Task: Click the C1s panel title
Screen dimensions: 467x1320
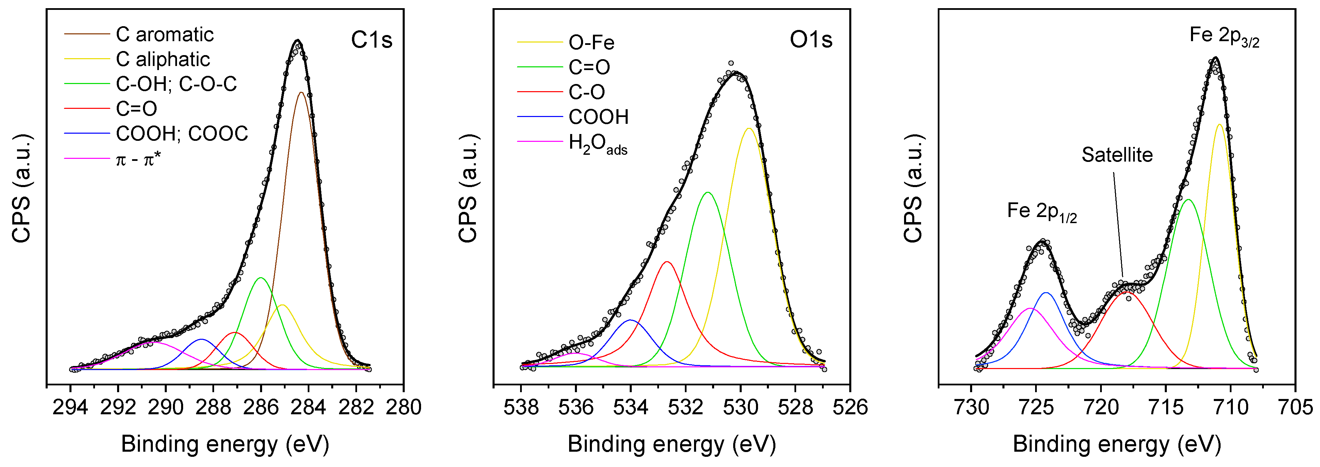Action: click(371, 40)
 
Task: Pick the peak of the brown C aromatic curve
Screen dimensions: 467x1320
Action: click(301, 93)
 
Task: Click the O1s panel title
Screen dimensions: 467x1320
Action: click(811, 40)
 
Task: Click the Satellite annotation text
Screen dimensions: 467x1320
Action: click(1117, 155)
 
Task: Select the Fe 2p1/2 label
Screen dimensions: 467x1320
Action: click(1042, 212)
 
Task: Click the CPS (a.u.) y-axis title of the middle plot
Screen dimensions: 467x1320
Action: click(467, 188)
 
